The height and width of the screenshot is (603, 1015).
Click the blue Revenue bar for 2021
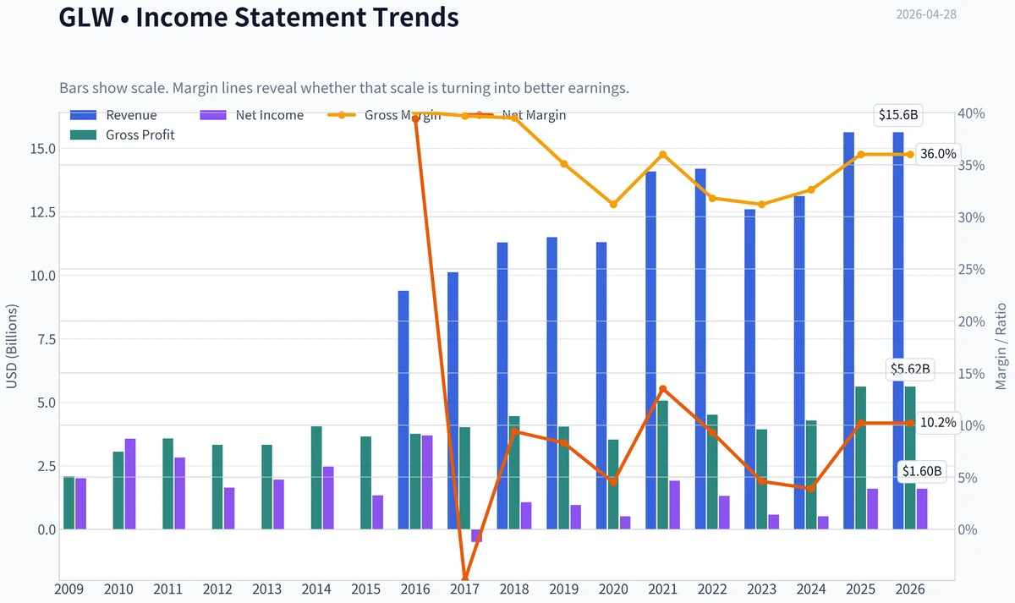point(650,350)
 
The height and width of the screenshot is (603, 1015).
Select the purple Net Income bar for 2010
point(130,484)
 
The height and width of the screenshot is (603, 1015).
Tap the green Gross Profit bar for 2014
point(316,478)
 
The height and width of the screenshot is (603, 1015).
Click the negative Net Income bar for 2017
point(477,535)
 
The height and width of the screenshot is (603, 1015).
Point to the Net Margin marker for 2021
point(663,389)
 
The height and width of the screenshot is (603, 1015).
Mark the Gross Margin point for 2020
point(613,205)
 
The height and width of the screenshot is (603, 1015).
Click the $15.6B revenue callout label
point(898,115)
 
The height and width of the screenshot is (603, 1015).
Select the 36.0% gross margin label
point(938,154)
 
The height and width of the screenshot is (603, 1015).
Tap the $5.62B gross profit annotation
point(910,370)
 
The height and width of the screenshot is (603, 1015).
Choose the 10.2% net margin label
point(938,423)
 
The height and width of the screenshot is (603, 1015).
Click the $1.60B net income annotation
point(922,471)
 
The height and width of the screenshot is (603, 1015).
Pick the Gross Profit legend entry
point(123,135)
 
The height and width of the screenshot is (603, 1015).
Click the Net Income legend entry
point(252,115)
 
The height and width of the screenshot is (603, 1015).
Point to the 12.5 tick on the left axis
point(42,212)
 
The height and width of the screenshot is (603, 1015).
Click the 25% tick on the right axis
point(972,270)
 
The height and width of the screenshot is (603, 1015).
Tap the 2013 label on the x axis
point(267,589)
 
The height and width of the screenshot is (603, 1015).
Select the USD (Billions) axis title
point(12,347)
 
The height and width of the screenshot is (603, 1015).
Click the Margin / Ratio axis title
point(1001,347)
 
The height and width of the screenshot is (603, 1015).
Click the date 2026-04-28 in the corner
point(926,14)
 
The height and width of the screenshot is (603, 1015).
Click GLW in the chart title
point(86,17)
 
